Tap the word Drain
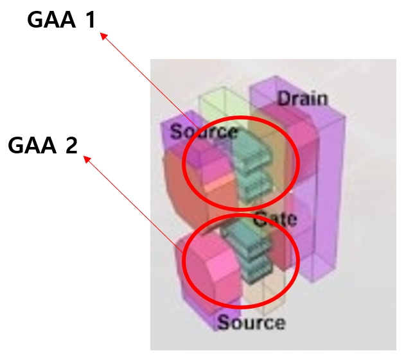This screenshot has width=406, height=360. (x=303, y=98)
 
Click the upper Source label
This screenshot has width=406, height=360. (x=204, y=132)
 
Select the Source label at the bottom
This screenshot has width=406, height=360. (x=251, y=321)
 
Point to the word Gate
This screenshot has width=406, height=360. (x=274, y=219)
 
